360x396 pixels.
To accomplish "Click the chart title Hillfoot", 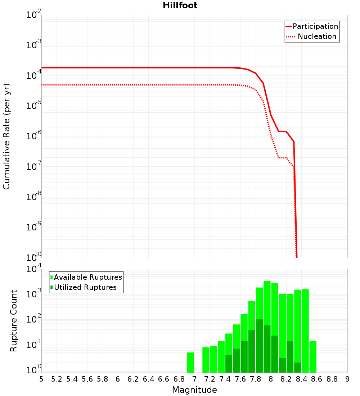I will (x=180, y=5).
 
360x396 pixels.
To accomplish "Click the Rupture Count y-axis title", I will (x=14, y=320).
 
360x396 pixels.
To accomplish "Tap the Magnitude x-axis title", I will (x=194, y=390).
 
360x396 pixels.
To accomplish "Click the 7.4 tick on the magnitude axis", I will (x=225, y=379).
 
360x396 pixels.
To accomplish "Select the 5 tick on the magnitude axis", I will (x=41, y=379).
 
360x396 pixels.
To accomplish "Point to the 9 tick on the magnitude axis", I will (x=347, y=379).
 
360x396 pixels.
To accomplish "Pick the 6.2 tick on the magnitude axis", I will (x=133, y=379).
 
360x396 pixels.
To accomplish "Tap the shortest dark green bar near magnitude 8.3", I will (x=298, y=368).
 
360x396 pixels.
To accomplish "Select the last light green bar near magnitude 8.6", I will (x=313, y=357).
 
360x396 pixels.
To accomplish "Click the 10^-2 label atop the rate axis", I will (x=34, y=15).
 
